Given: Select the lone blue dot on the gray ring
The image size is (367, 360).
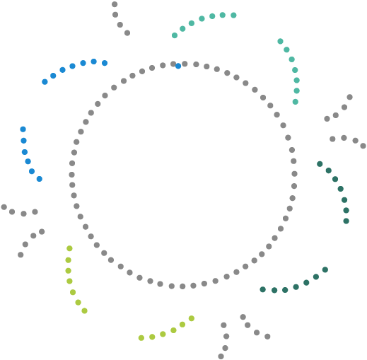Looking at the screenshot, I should point(177,66).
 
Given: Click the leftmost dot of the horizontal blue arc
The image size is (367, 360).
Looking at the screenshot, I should point(45,81).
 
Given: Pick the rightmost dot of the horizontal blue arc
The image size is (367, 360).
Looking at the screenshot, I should point(105,63).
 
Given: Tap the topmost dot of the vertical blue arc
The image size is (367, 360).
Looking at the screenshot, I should point(23,129).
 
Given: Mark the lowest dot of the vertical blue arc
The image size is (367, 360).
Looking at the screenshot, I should point(39,179).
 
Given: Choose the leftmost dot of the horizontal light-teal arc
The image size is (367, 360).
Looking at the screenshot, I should point(175,35).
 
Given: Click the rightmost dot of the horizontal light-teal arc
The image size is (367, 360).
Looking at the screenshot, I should point(233,15).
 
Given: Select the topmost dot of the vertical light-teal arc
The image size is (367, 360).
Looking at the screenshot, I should point(280,41).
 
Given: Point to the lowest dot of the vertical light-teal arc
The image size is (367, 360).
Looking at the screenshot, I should point(295,101).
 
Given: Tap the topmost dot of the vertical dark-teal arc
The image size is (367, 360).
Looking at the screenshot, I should point(320,164).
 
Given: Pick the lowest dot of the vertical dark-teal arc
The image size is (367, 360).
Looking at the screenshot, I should point(346,221).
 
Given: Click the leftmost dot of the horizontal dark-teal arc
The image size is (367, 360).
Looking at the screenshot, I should point(263,289).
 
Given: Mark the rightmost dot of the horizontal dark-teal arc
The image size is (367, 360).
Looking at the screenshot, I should point(325,269).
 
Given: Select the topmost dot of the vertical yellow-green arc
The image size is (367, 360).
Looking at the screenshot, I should point(69,248).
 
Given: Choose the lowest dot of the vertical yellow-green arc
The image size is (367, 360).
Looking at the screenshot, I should point(84,310).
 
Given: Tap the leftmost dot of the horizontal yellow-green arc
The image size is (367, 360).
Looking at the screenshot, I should point(141,337).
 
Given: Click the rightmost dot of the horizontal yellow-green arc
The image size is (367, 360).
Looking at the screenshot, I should point(191,318).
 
